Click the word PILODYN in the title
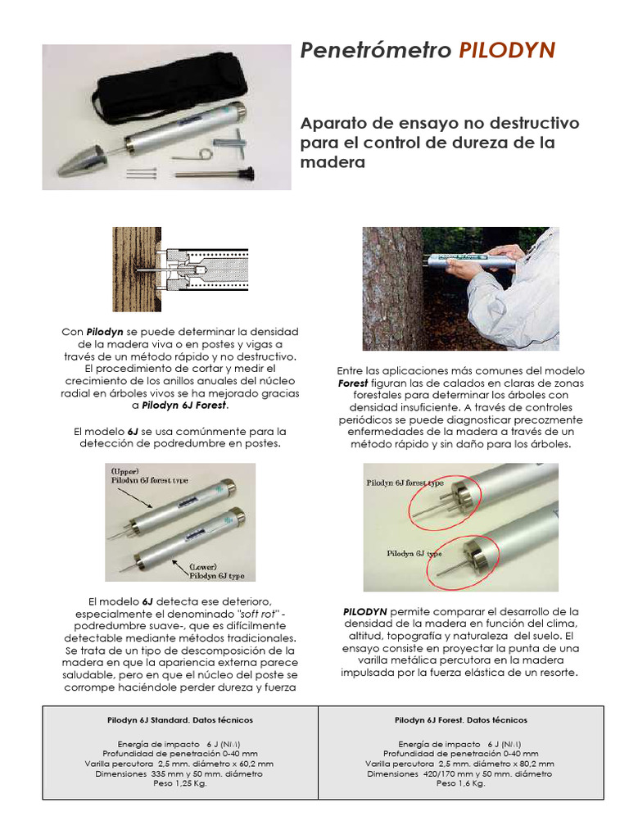click(507, 52)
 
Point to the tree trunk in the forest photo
click(393, 287)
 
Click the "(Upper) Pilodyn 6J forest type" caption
click(140, 477)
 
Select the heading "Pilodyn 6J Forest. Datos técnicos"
click(460, 719)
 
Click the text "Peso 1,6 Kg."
click(460, 783)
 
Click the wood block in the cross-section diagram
click(125, 270)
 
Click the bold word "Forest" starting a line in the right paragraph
click(353, 383)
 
